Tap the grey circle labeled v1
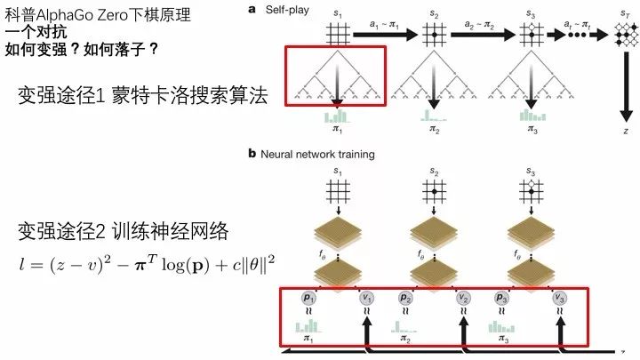coord(366,297)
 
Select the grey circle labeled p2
coord(405,297)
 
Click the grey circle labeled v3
coord(559,297)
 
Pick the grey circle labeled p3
coord(501,297)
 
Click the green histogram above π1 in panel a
coord(336,116)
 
